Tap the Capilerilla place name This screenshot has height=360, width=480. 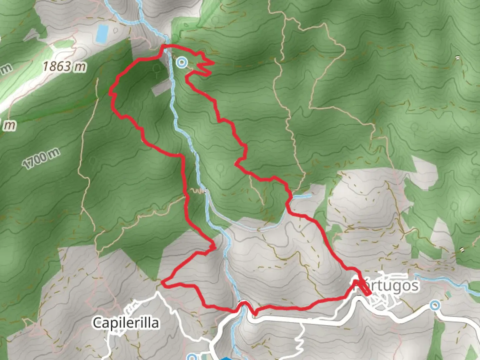(126, 323)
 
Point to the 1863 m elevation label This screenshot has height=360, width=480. (64, 67)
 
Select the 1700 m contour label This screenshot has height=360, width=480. (41, 159)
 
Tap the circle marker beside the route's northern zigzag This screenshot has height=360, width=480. (182, 62)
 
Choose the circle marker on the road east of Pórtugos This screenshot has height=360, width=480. (435, 305)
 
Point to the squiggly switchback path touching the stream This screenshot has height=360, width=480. (198, 191)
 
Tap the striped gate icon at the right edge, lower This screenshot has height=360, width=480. (462, 249)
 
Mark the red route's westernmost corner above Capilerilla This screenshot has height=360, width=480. (163, 282)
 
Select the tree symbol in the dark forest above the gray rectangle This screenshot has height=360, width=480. (156, 69)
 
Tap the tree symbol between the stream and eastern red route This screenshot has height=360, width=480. (220, 168)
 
